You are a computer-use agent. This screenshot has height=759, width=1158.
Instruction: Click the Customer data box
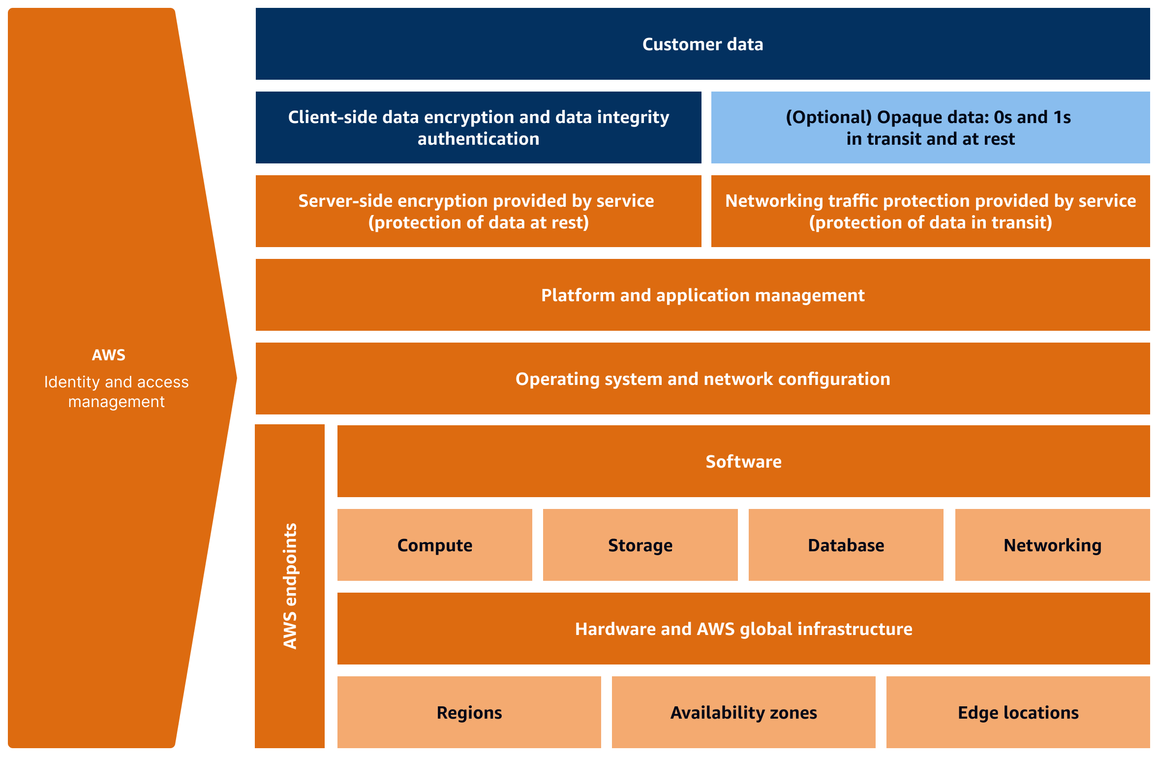coord(702,44)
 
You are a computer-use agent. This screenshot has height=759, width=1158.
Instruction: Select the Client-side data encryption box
coord(478,127)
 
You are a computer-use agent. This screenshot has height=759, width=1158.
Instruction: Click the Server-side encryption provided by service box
coord(478,211)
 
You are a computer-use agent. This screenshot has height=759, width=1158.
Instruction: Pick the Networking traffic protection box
coord(930,211)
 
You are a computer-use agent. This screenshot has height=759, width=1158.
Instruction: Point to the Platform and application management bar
coord(702,295)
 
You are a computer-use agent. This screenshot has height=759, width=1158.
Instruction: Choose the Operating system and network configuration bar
coord(702,379)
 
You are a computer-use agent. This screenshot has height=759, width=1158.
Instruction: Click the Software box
coord(743,461)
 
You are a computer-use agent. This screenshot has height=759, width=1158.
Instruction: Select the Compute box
coord(434,545)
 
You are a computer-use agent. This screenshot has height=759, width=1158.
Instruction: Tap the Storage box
coord(640,545)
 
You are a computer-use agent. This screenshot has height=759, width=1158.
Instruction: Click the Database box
coord(846,545)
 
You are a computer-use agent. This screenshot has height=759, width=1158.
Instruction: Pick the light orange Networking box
coord(1052,545)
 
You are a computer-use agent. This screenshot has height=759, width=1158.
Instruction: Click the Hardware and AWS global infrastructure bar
coord(743,629)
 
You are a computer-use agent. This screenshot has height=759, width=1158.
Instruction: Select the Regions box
coord(469,712)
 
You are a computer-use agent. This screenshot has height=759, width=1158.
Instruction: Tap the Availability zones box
coord(743,712)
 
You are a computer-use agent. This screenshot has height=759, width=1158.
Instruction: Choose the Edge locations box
coord(1018,712)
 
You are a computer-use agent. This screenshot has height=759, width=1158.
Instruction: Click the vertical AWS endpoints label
coord(290,586)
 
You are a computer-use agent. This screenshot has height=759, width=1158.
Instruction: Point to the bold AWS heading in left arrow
coord(109,355)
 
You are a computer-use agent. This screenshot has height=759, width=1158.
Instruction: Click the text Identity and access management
coord(117,392)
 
